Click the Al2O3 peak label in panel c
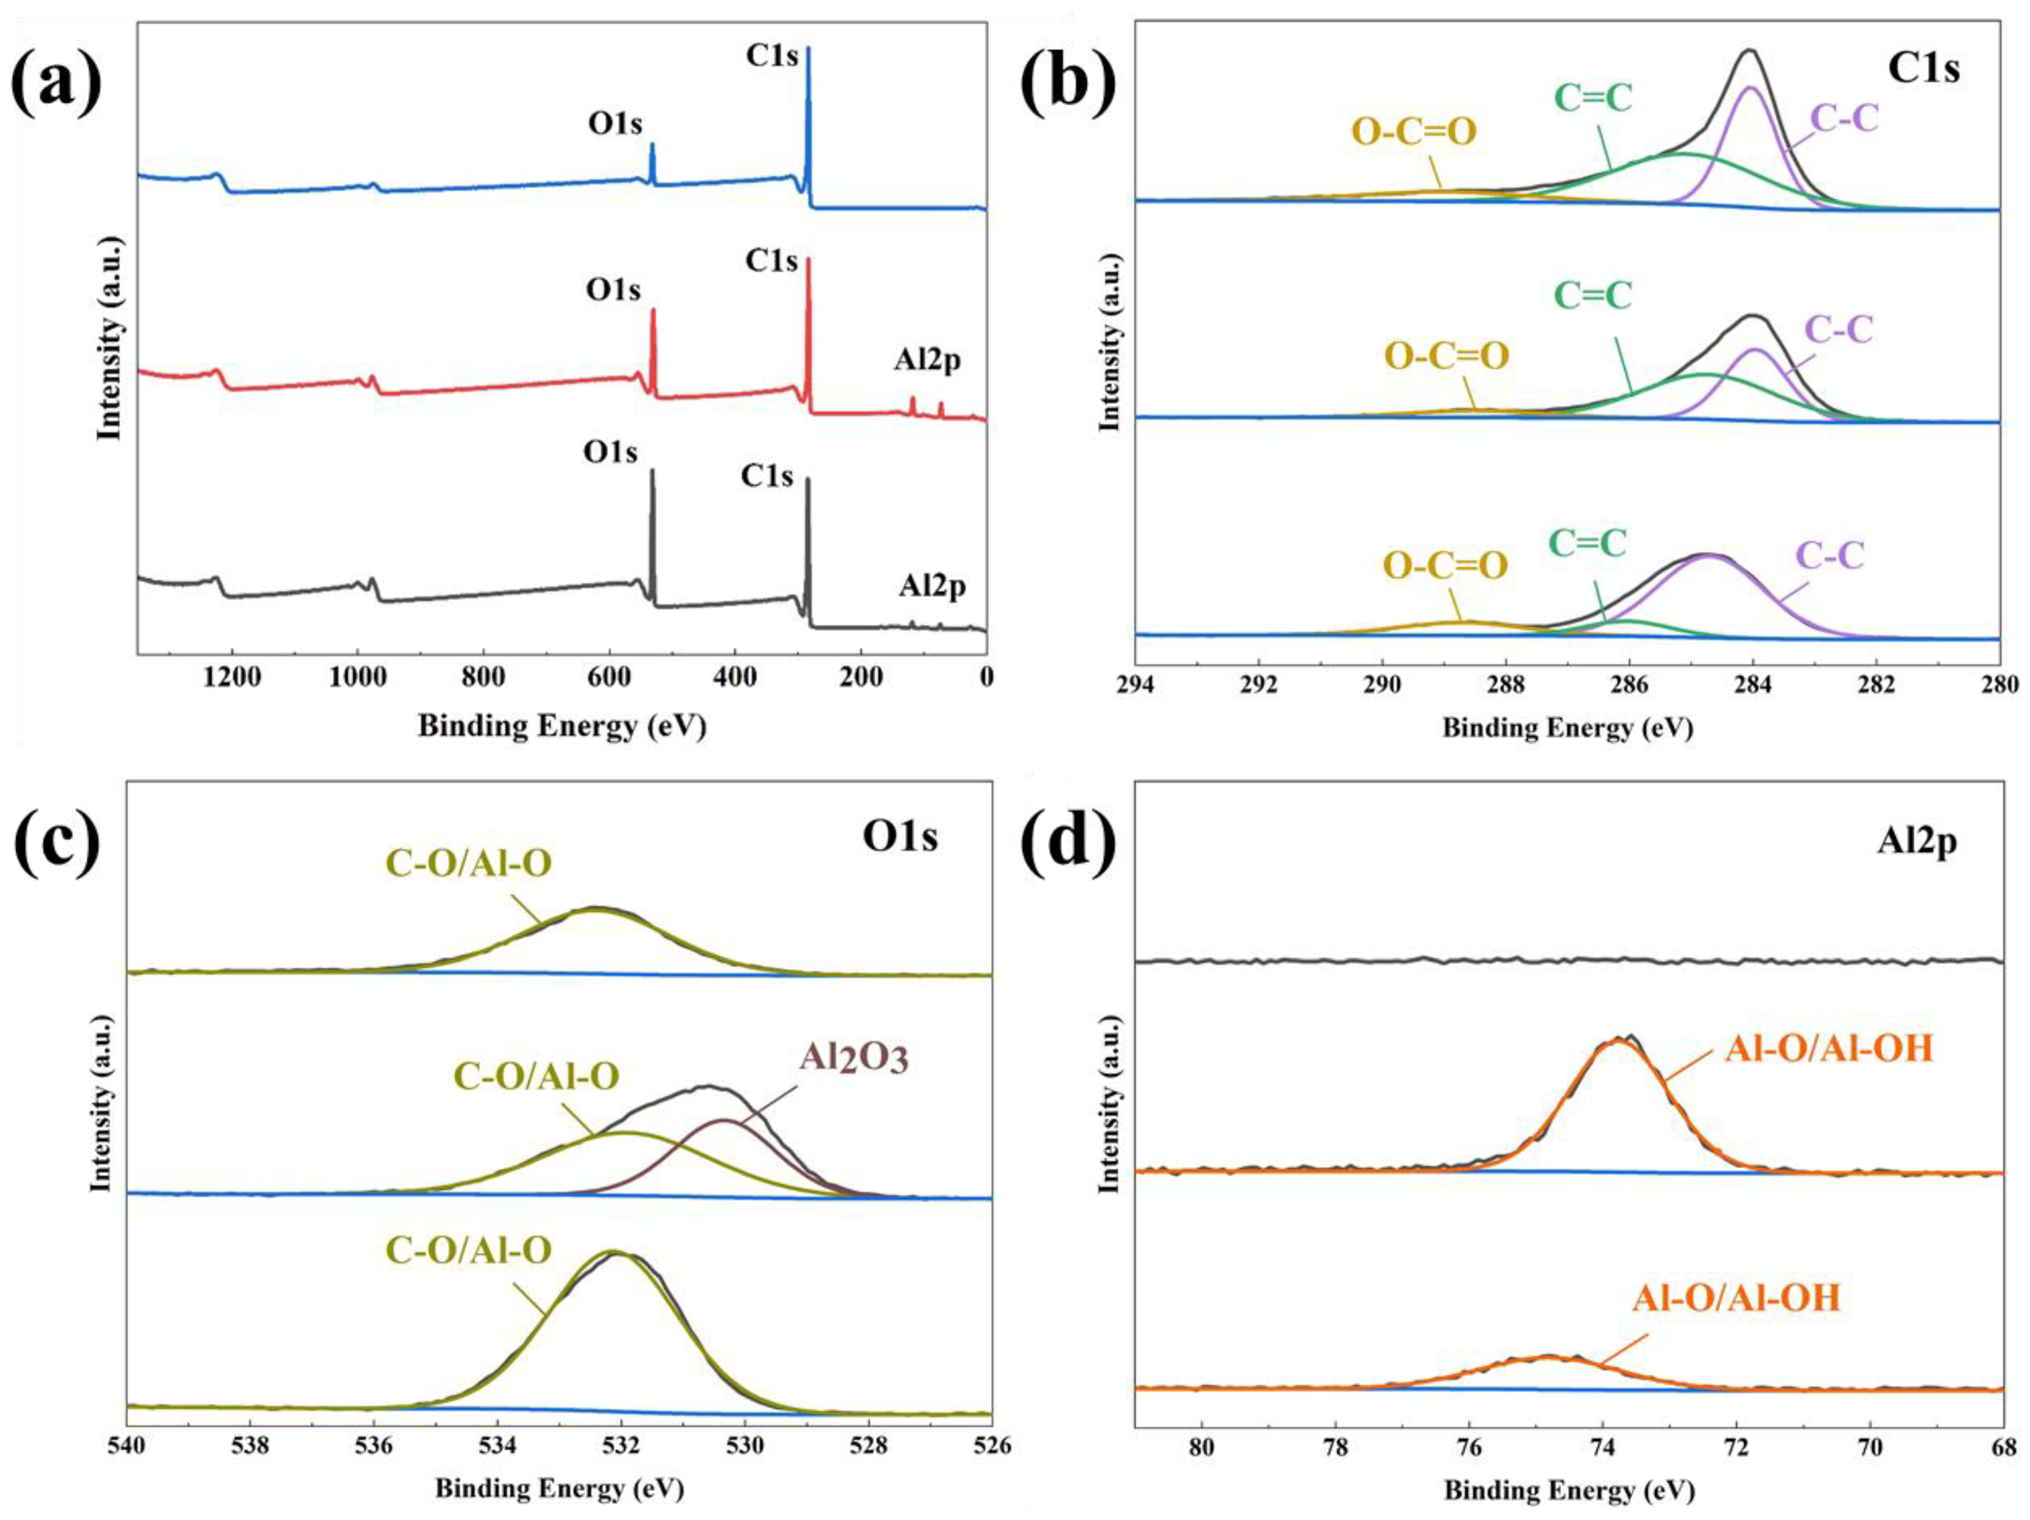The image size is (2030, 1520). tap(854, 1058)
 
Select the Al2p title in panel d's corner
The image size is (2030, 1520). tap(1916, 841)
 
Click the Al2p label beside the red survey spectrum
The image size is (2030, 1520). tap(928, 361)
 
